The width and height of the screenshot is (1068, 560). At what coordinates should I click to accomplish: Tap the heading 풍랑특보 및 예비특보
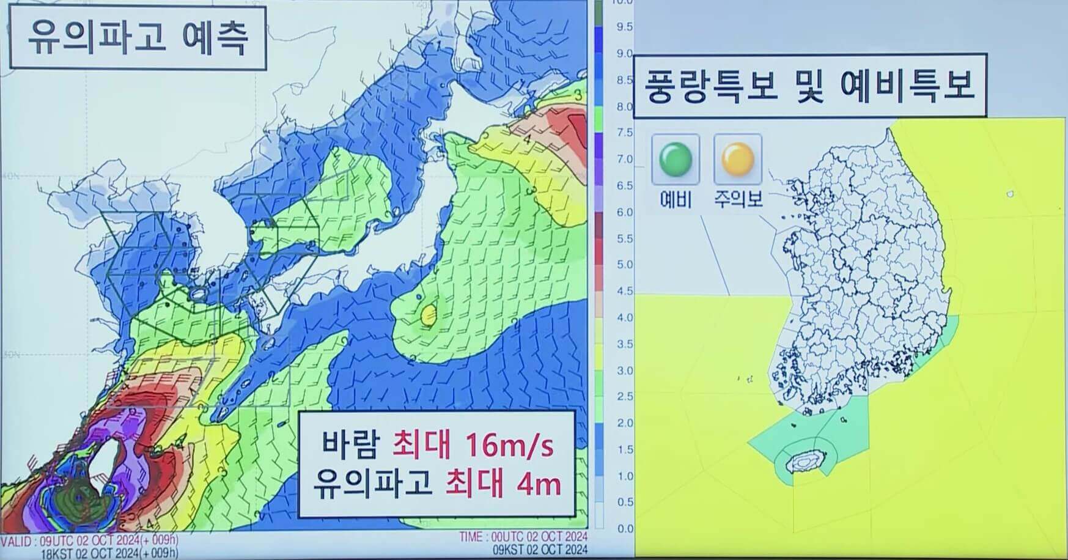(x=809, y=86)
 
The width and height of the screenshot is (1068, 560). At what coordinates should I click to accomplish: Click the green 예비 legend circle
(x=676, y=159)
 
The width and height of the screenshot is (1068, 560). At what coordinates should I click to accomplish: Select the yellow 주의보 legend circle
(x=738, y=159)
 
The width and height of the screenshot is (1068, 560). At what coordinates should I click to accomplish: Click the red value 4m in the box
(x=538, y=484)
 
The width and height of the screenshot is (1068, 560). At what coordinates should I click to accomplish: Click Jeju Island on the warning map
(x=806, y=462)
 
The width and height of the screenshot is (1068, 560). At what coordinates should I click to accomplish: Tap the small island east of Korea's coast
(x=1010, y=194)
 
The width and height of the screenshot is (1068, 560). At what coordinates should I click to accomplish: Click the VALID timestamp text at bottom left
(x=90, y=540)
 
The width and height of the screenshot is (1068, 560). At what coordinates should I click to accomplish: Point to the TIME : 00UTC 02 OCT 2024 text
(x=523, y=537)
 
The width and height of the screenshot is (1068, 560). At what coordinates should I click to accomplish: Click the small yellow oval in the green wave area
(x=429, y=314)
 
